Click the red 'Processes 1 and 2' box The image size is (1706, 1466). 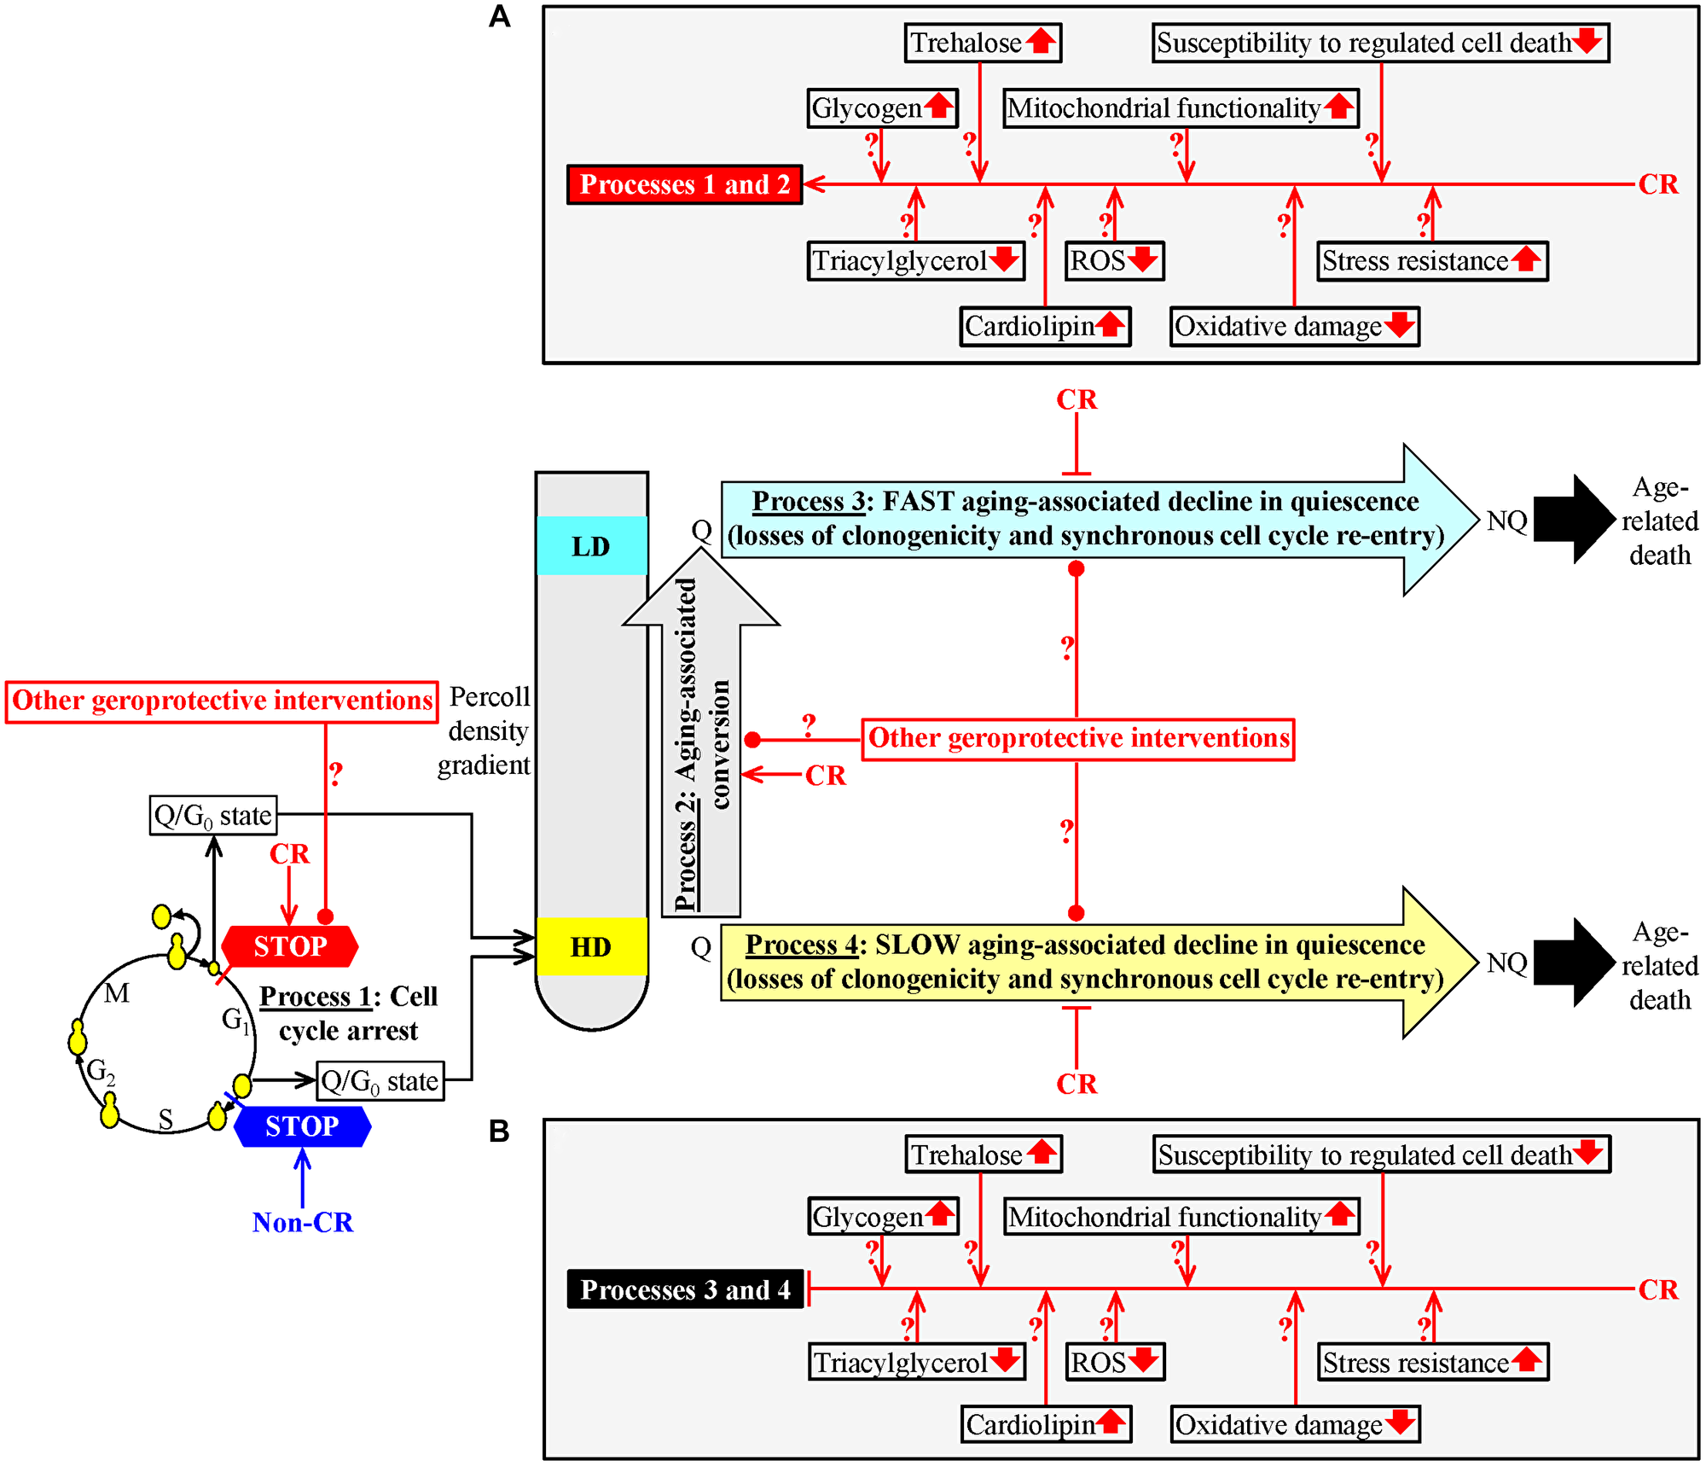[684, 184]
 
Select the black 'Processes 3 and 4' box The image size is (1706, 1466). [685, 1289]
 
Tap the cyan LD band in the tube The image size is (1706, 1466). [591, 546]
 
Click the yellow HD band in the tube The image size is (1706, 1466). [591, 947]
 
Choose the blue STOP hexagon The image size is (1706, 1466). [302, 1126]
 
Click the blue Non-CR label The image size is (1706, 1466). [302, 1222]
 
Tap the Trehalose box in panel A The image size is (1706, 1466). [983, 43]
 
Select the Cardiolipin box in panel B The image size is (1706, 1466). [1046, 1424]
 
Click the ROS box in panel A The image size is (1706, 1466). [1114, 260]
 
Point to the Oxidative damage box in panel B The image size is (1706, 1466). [1295, 1424]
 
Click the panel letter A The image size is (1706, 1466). [499, 17]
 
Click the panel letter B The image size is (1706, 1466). [499, 1131]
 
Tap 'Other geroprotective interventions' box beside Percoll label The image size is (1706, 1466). [222, 701]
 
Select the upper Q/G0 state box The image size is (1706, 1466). [213, 816]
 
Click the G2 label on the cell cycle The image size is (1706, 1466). [101, 1071]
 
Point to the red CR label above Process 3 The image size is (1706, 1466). [1076, 399]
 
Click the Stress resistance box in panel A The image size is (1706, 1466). [1432, 260]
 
